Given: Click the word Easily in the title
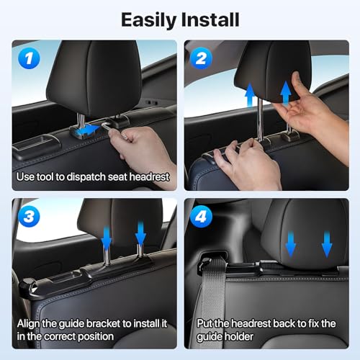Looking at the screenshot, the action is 149,20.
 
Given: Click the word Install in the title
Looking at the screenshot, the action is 210,19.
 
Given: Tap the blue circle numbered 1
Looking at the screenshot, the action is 29,58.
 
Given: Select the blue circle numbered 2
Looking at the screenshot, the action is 201,58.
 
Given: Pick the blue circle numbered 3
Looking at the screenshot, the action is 29,216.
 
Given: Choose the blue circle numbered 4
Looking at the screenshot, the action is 201,216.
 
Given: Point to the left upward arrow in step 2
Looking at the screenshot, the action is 250,95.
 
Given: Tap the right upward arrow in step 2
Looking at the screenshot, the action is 286,93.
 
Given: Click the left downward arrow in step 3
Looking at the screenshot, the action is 107,238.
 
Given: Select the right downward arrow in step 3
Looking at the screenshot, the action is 140,233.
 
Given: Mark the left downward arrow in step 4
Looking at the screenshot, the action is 291,243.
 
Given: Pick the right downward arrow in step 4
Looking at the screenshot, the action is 327,244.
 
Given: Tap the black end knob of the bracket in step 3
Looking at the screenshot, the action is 27,286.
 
